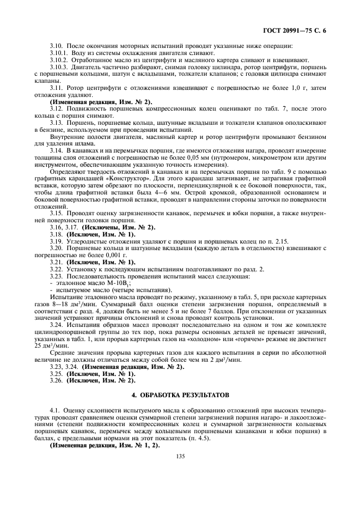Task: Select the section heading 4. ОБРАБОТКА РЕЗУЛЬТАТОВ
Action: click(180, 393)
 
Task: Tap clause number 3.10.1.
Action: click(58, 53)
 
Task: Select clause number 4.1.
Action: click(54, 408)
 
